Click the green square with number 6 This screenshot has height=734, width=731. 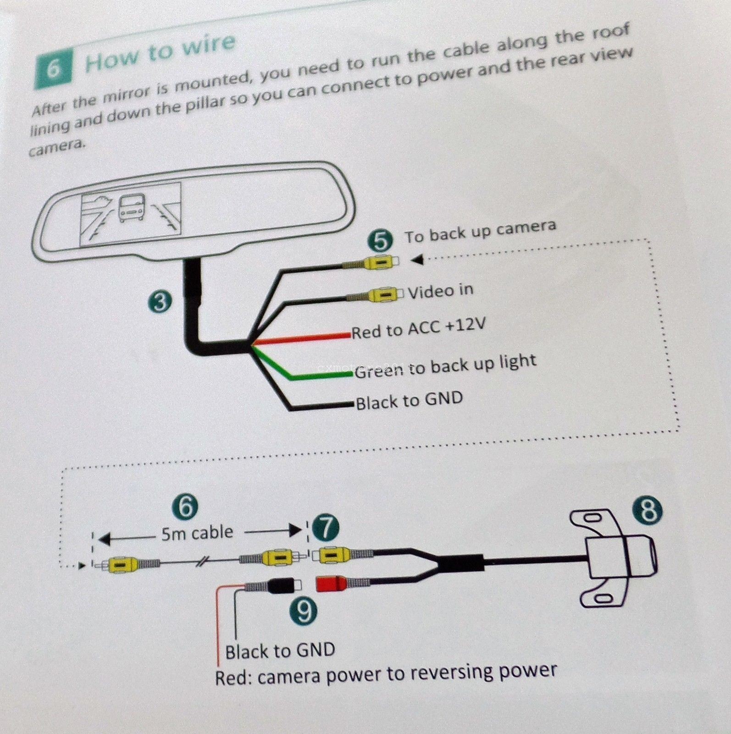pyautogui.click(x=53, y=69)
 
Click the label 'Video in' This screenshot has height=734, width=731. pyautogui.click(x=440, y=291)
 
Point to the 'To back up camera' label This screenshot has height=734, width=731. pyautogui.click(x=480, y=232)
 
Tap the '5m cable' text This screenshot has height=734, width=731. pyautogui.click(x=197, y=533)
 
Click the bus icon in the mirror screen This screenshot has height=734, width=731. pyautogui.click(x=132, y=209)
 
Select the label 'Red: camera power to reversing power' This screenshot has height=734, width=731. pyautogui.click(x=386, y=673)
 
